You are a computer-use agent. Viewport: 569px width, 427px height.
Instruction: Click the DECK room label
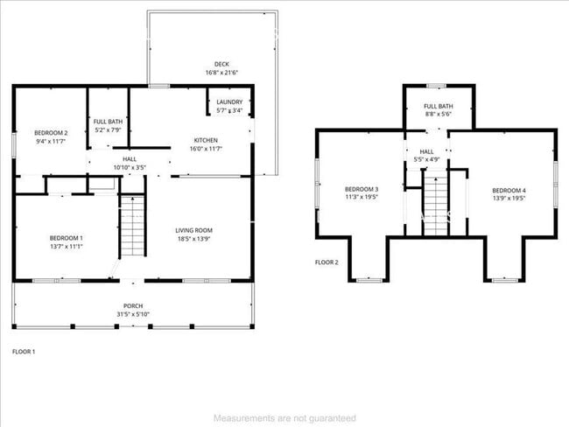click(221, 63)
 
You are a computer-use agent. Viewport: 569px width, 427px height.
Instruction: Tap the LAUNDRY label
click(230, 102)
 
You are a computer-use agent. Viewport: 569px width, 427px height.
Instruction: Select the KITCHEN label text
click(206, 140)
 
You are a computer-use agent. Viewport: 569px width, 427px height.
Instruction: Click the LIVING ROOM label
click(193, 230)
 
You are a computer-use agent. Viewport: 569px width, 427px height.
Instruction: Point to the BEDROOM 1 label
click(66, 238)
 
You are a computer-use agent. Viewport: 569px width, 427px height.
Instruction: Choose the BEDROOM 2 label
click(50, 133)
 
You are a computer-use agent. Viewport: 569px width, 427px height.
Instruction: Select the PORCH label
click(133, 305)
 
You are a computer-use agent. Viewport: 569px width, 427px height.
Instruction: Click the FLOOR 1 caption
click(24, 351)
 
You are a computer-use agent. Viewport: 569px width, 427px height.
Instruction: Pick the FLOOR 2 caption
click(327, 262)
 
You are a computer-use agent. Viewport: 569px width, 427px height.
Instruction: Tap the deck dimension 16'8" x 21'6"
click(221, 72)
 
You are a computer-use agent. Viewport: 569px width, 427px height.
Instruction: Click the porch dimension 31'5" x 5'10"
click(133, 314)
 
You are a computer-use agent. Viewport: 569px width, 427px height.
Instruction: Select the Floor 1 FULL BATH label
click(108, 122)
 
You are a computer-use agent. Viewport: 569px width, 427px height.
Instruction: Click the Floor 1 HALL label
click(129, 158)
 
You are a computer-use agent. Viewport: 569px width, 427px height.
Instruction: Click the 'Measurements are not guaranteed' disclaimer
click(284, 418)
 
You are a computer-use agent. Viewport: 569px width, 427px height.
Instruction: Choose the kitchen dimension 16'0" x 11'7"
click(206, 150)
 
